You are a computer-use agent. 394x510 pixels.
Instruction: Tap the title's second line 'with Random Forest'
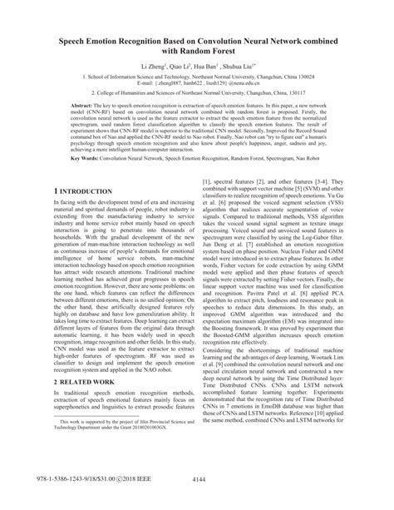coord(196,50)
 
